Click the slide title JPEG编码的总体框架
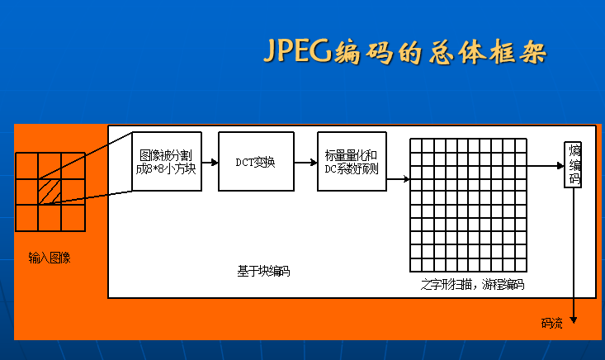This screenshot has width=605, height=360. click(x=404, y=52)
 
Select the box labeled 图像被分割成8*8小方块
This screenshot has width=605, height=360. click(x=167, y=161)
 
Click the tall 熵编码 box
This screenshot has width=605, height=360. click(x=574, y=164)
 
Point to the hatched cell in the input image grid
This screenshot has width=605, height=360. click(x=50, y=191)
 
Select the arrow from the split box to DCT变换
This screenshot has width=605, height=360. click(x=210, y=162)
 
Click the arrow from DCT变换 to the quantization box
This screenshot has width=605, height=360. click(x=307, y=162)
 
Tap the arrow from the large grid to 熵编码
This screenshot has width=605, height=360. click(x=545, y=165)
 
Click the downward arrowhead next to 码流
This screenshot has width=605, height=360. click(x=574, y=321)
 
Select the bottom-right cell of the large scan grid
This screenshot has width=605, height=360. click(x=519, y=265)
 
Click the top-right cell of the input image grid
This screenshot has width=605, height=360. click(x=73, y=165)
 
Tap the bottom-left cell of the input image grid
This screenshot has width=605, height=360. click(x=26, y=216)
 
